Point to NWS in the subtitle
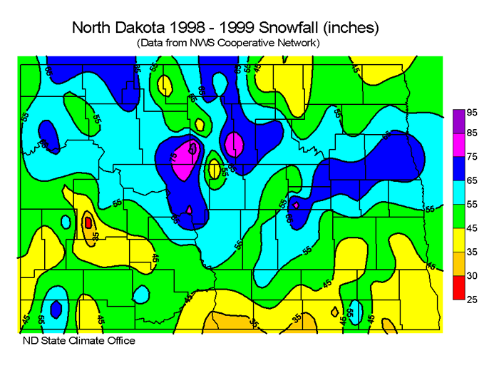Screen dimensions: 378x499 click(x=209, y=43)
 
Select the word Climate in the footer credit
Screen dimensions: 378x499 click(x=88, y=340)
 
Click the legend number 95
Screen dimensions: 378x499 click(x=472, y=113)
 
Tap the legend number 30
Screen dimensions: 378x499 click(x=472, y=275)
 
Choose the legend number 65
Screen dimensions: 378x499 click(x=472, y=181)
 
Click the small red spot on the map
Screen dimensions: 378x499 click(x=88, y=223)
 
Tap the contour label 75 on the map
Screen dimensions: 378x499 click(x=175, y=158)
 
